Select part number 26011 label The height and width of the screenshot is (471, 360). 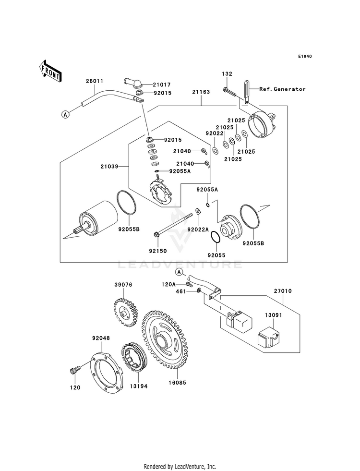(x=95, y=81)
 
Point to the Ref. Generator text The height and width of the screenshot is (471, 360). (x=282, y=89)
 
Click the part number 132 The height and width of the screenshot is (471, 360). (x=227, y=74)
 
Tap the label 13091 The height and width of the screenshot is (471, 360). (x=272, y=316)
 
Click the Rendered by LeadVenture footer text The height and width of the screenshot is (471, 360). (x=180, y=466)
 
